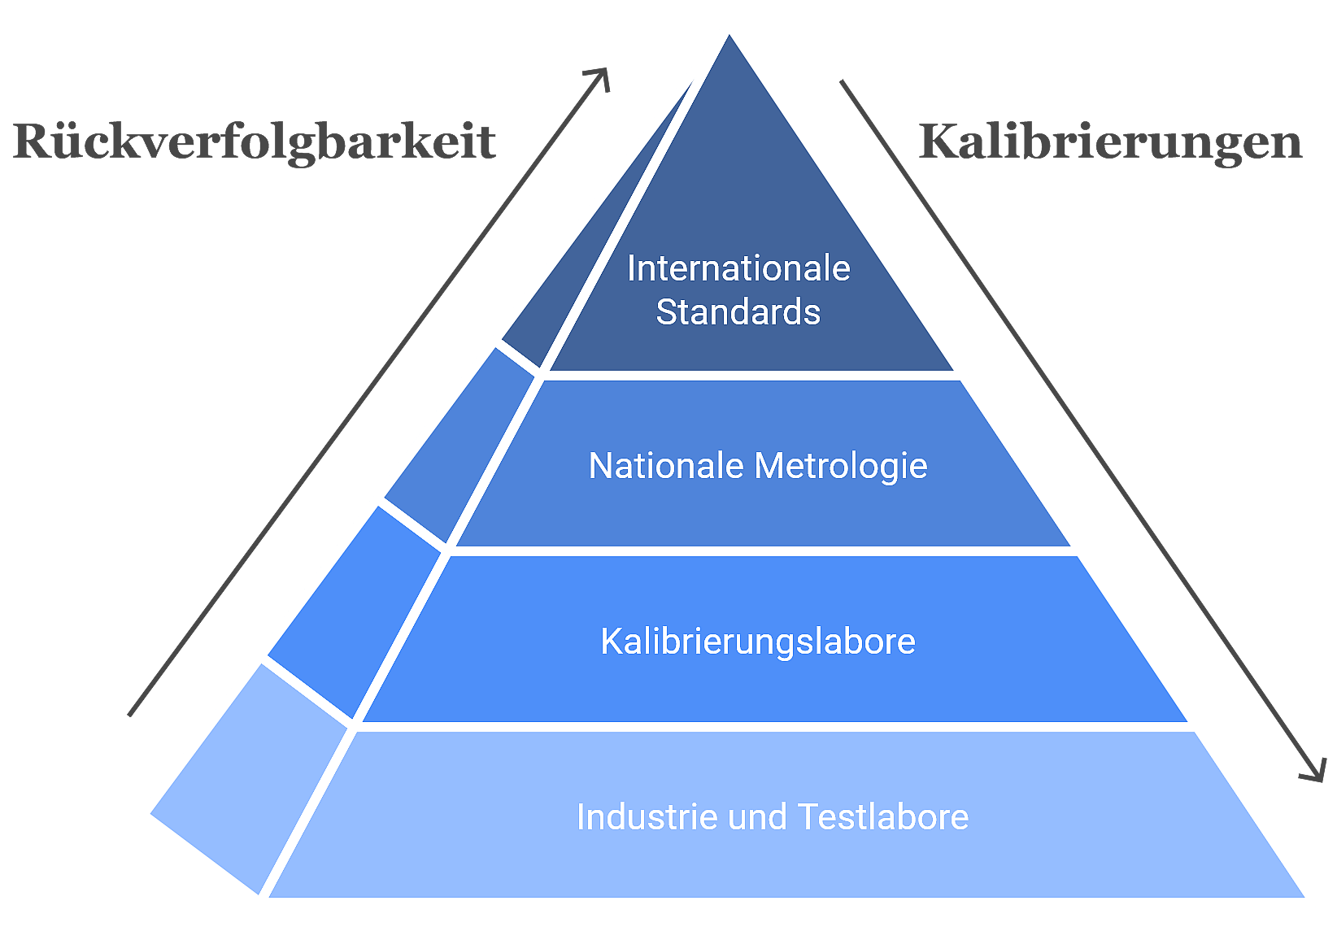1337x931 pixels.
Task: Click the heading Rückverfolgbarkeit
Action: [255, 142]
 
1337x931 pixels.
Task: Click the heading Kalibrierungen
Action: [1110, 142]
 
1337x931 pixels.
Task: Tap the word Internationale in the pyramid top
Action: [738, 268]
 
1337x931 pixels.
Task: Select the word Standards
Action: [738, 311]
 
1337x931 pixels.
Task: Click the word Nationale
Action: [666, 465]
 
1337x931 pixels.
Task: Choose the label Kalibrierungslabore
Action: [758, 642]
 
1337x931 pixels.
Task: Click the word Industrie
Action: [647, 816]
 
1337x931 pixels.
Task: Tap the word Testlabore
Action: [883, 816]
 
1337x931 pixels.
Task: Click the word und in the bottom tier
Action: [757, 819]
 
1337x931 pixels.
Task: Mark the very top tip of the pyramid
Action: [729, 35]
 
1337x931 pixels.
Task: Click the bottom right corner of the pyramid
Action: [1304, 897]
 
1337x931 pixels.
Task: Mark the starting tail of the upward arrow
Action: [130, 715]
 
